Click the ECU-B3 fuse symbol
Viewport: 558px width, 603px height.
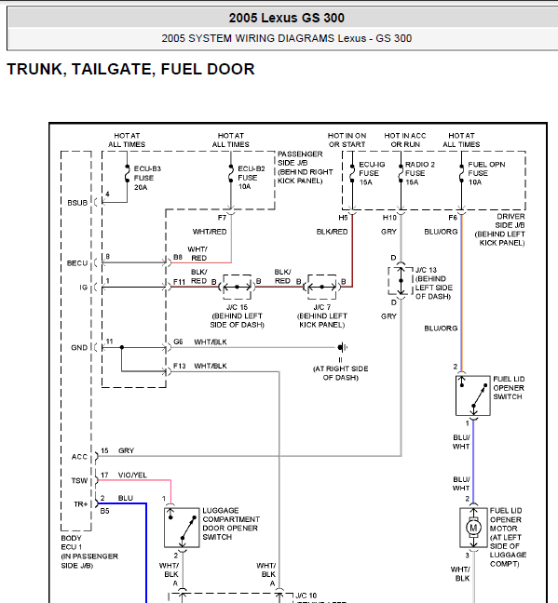pos(127,174)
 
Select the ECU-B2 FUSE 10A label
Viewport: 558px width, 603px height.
pos(252,178)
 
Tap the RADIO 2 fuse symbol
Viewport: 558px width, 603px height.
pos(401,173)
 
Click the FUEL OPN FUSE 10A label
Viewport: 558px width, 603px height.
pos(486,173)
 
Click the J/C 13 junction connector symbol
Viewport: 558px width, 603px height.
pos(401,281)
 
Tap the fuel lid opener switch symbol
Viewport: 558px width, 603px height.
pos(473,395)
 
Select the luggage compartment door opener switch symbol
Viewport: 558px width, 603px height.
pos(182,528)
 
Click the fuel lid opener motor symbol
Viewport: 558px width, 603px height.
pos(473,528)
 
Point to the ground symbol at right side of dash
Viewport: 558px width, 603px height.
pos(342,347)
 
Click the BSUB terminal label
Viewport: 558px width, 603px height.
pos(77,203)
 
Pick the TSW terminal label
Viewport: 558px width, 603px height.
pos(79,481)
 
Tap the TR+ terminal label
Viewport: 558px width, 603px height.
pos(80,504)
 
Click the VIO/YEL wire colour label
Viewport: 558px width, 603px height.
pos(132,475)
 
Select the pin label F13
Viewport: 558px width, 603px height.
pos(180,366)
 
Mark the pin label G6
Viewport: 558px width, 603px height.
pos(178,342)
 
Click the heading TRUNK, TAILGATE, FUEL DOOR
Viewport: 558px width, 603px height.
pos(131,69)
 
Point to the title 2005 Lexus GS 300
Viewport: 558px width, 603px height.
pos(287,18)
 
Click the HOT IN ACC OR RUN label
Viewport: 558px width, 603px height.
pos(405,140)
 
